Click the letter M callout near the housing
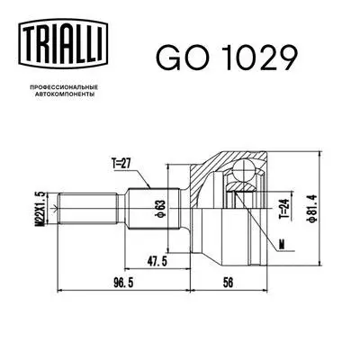[x=282, y=244]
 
